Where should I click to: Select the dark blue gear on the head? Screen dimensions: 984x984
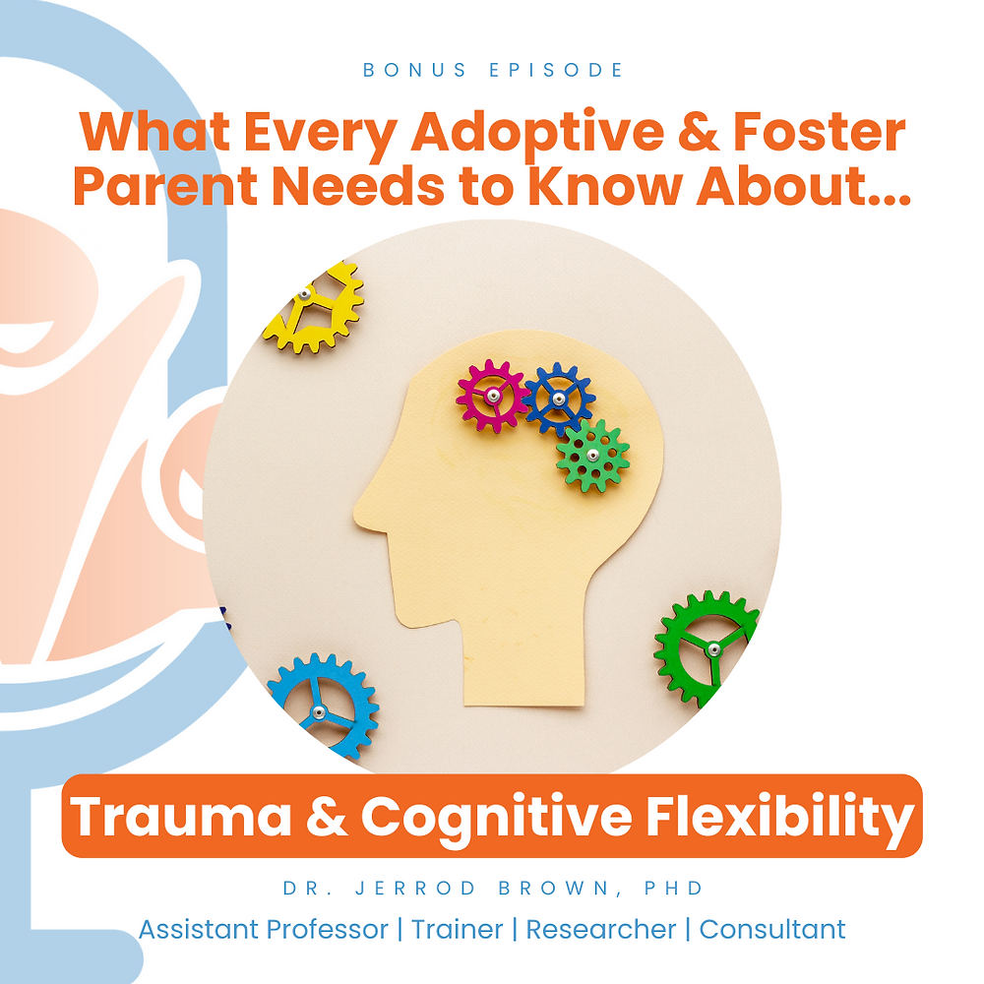coord(559,398)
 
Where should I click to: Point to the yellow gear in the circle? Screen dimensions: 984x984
coord(313,306)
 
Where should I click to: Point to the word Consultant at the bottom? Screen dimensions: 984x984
coord(772,928)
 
